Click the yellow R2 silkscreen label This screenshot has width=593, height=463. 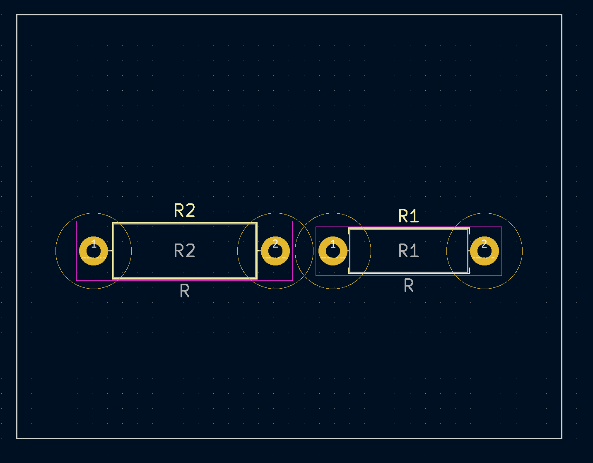pos(185,211)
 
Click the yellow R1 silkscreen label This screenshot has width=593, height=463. pos(408,216)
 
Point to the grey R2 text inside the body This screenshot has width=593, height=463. pos(185,251)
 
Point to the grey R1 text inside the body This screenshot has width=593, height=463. pos(408,251)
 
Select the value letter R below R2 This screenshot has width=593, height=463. pos(185,291)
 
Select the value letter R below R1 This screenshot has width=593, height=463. pos(408,285)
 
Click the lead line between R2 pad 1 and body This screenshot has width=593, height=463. pos(110,251)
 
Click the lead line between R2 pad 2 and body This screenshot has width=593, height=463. pos(259,251)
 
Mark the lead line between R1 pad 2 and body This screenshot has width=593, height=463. pos(469,251)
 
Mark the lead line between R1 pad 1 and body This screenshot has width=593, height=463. pos(348,251)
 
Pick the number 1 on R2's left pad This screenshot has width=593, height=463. pos(94,244)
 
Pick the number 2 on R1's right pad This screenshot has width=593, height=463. pos(485,244)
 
